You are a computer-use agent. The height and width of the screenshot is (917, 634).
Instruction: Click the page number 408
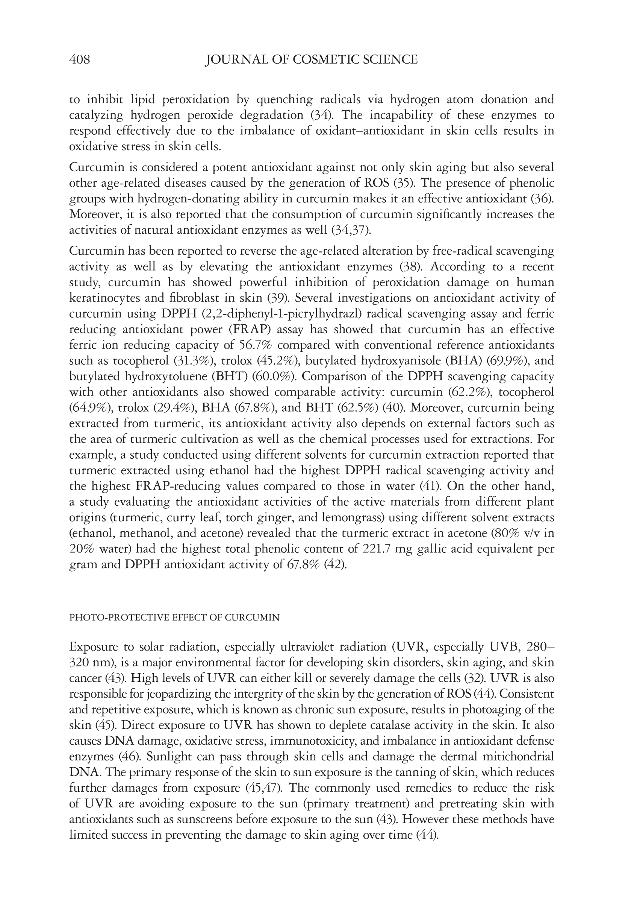(79, 60)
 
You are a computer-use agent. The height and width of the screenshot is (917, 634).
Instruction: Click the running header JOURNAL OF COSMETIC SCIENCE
(311, 60)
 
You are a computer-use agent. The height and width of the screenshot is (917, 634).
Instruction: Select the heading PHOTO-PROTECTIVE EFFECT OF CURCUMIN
(174, 617)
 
